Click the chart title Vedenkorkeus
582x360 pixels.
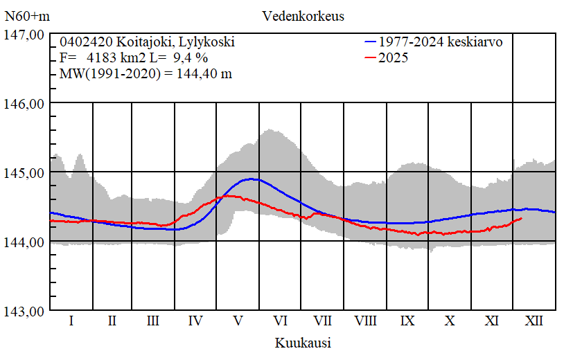click(303, 16)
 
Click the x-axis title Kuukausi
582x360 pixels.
click(303, 343)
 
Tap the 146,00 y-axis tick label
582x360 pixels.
click(25, 103)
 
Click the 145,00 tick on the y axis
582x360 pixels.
click(25, 172)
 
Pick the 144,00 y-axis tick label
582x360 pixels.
click(25, 242)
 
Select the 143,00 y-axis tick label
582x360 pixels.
click(25, 311)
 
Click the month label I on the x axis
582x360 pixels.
click(71, 321)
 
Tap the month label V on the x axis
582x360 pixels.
click(238, 321)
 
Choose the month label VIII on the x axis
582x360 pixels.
click(365, 321)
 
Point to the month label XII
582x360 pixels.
click(534, 321)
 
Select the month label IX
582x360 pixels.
click(408, 321)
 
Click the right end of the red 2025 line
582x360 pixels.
click(521, 218)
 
